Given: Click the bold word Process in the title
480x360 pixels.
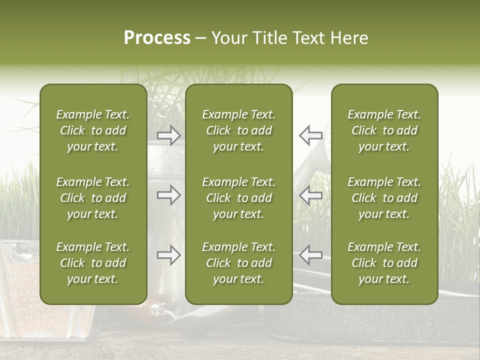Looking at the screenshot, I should click(x=157, y=38).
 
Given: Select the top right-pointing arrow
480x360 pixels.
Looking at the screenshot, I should click(x=168, y=135).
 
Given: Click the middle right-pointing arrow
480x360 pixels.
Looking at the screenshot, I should click(x=168, y=195).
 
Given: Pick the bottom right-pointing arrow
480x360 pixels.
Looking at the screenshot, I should click(x=168, y=255).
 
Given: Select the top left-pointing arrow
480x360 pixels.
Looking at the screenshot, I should click(x=310, y=135).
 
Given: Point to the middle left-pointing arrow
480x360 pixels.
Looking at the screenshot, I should click(x=310, y=195).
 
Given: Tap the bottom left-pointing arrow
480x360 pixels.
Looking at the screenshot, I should click(x=310, y=255).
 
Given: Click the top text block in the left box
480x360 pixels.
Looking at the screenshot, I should click(x=93, y=130).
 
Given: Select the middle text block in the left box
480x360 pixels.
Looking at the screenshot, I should click(x=93, y=198).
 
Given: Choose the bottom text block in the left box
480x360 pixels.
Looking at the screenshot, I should click(x=93, y=263).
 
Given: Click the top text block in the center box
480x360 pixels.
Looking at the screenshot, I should click(x=238, y=130).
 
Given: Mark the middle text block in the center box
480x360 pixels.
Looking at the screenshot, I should click(x=238, y=198).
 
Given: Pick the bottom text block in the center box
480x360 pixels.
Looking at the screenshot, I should click(x=238, y=263).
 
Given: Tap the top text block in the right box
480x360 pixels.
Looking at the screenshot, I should click(x=384, y=130).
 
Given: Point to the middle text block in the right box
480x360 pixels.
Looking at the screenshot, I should click(x=384, y=198).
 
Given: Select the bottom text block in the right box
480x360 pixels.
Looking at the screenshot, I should click(x=384, y=263).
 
